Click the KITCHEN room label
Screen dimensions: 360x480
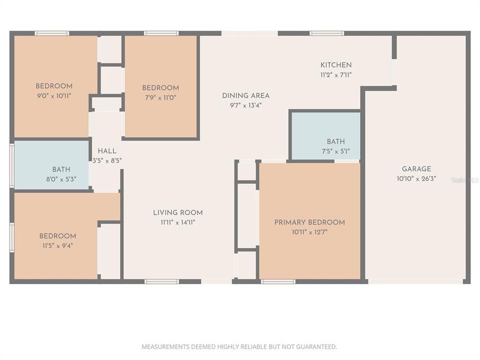point(335,65)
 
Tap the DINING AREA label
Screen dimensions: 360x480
point(245,95)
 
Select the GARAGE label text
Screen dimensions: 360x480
point(416,169)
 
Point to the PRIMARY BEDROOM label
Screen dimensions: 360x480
point(309,222)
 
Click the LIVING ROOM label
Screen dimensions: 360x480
point(177,213)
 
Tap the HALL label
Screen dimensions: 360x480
point(107,151)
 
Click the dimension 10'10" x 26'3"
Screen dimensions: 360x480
point(416,178)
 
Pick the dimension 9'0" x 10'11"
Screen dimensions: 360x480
point(54,95)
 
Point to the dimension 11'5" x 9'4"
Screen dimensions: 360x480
point(57,245)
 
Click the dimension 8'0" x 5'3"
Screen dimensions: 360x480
point(61,179)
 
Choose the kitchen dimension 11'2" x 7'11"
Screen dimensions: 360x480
point(335,74)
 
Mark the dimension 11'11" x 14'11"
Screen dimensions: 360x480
point(177,222)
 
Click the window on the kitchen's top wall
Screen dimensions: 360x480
point(326,33)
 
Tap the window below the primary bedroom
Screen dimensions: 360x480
point(278,281)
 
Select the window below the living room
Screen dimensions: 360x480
point(161,281)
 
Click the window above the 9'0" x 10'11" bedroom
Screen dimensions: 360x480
point(52,33)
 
